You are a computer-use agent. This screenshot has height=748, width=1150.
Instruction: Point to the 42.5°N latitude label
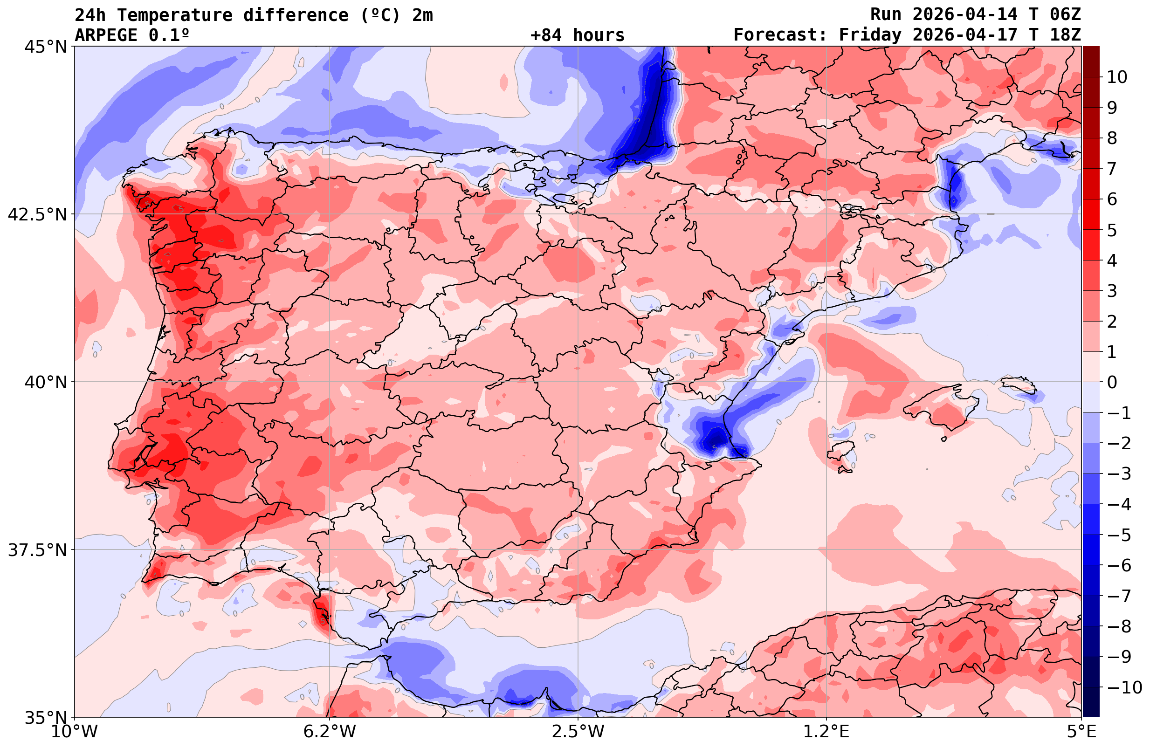(37, 214)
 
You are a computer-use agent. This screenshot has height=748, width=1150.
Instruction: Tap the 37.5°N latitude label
(37, 550)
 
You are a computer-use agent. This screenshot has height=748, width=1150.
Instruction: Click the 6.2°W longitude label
(330, 731)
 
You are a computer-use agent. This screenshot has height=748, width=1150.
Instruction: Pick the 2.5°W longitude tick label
(578, 731)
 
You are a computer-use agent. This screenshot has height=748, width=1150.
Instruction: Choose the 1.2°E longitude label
(826, 731)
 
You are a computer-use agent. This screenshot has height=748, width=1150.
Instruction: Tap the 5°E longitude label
(1081, 731)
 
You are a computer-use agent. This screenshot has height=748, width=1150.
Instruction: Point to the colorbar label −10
(1124, 687)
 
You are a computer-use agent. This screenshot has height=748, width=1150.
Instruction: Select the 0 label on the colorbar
(1112, 382)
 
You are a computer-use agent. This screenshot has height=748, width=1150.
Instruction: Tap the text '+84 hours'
(578, 35)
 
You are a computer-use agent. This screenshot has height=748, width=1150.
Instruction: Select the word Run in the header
(886, 14)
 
